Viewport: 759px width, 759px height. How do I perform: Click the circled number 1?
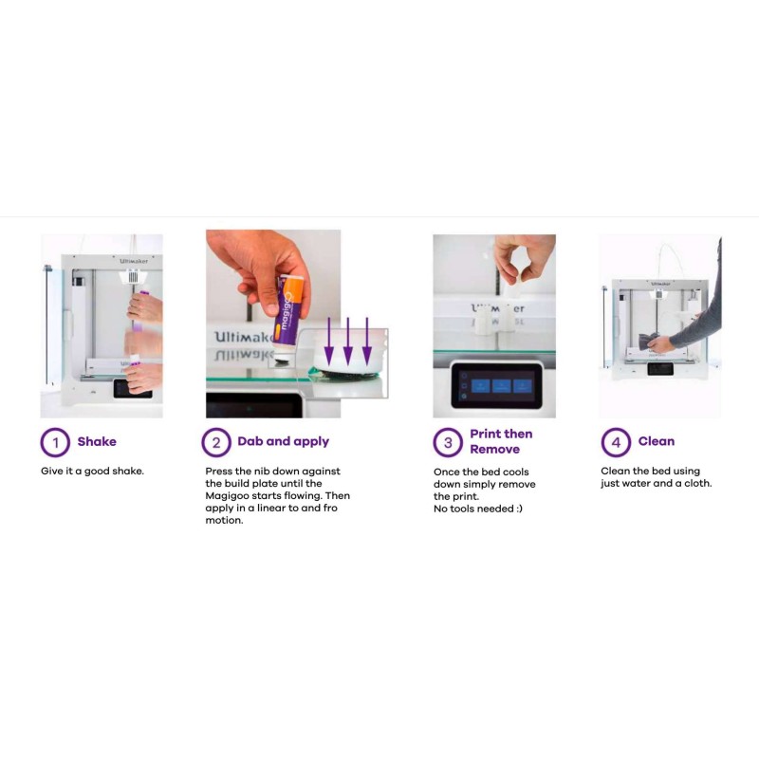point(55,442)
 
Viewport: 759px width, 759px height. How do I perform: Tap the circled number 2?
point(216,442)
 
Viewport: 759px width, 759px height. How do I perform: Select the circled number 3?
point(448,442)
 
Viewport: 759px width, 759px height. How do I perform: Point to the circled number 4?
point(616,442)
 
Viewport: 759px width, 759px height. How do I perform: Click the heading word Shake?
point(97,441)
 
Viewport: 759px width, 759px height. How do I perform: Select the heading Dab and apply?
point(283,441)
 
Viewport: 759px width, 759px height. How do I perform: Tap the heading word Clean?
point(656,441)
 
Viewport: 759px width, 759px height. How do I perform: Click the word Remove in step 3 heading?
point(494,449)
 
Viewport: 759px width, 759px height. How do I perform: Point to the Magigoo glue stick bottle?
point(289,317)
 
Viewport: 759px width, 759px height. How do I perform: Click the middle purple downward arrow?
point(347,342)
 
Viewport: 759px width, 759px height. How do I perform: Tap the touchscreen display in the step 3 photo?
point(494,386)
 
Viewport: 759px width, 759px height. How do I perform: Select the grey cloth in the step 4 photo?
point(648,341)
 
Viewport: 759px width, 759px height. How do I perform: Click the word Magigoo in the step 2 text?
point(227,496)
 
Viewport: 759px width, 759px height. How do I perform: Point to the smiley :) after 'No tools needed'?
point(519,509)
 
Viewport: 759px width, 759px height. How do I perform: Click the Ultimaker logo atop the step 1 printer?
point(134,262)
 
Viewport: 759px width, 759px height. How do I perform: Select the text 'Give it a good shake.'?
point(92,471)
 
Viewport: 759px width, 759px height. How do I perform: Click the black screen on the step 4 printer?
point(660,369)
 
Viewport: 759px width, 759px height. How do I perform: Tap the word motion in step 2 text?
point(224,520)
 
